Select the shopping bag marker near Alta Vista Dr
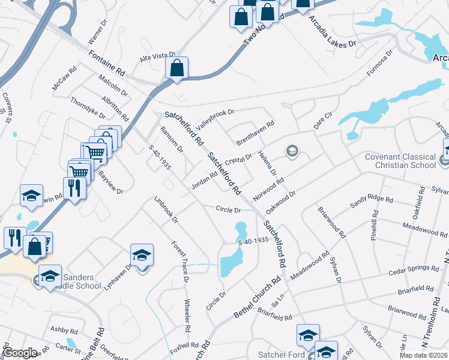[177, 68]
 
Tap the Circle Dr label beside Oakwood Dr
[228, 210]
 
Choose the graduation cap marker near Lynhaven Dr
[141, 256]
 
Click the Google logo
[19, 353]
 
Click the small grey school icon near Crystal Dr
[292, 151]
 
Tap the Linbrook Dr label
[166, 209]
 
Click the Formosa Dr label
[379, 62]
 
